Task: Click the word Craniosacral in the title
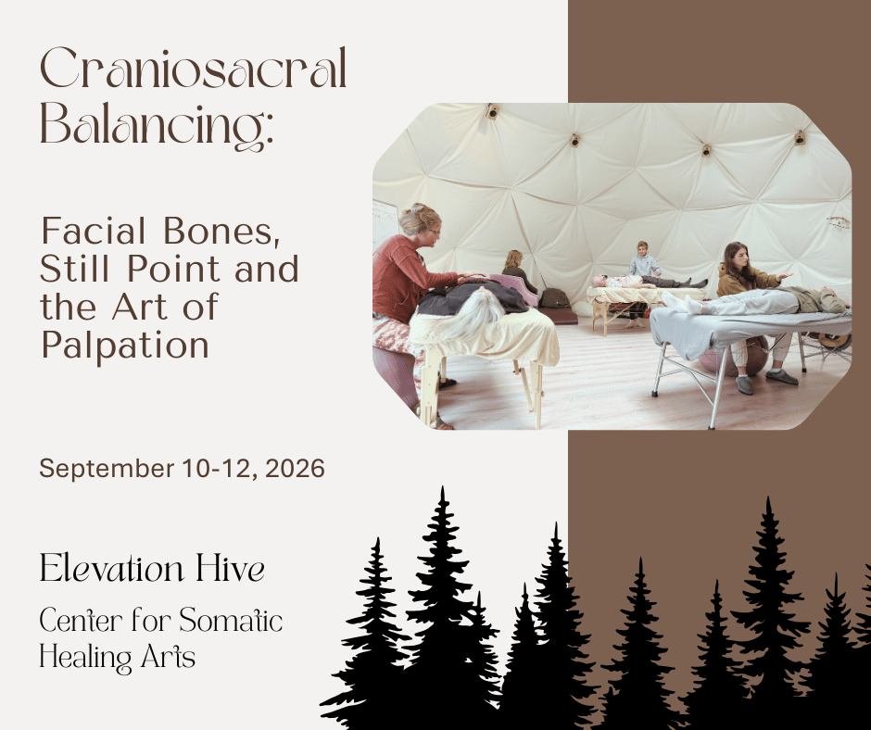click(194, 69)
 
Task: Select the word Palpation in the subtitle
click(125, 345)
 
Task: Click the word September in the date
click(107, 470)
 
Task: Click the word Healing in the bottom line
click(85, 657)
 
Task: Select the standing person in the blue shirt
click(643, 260)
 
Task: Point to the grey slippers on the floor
click(766, 381)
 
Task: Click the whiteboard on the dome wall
click(385, 222)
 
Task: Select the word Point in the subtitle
click(173, 269)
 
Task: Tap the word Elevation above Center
click(111, 569)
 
